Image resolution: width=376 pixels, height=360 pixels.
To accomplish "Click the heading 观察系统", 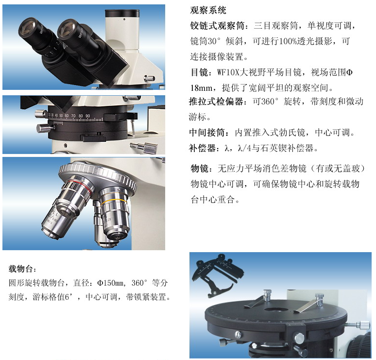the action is click(208, 10).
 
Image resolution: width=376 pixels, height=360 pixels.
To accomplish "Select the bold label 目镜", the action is click(199, 72).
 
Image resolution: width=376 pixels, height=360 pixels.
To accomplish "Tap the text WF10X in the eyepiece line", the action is click(228, 72).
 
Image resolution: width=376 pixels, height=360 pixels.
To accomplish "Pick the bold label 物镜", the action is click(199, 169).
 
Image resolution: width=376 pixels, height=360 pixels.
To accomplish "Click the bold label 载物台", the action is click(20, 269).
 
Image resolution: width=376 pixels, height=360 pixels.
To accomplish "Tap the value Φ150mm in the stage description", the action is click(110, 283).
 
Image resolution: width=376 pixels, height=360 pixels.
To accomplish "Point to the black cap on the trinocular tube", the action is click(122, 13).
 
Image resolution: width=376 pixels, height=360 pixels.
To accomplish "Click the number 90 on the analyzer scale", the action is click(88, 116).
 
